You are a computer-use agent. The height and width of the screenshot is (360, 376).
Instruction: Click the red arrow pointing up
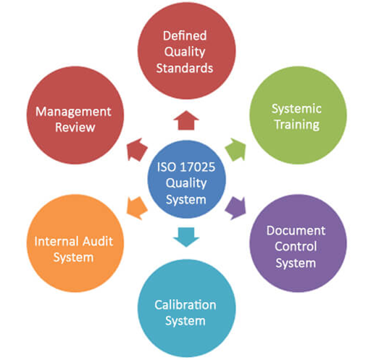186,120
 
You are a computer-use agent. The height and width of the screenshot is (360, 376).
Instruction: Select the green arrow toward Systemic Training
235,149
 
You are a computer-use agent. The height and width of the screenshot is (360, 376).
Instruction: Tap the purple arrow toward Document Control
235,208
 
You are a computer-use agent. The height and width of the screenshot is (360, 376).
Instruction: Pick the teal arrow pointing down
186,237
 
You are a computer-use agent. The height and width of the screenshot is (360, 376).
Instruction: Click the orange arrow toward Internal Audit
137,208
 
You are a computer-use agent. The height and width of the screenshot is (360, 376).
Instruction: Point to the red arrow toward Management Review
137,149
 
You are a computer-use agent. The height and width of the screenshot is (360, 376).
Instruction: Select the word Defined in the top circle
185,35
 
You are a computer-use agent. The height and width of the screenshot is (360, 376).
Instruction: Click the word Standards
185,68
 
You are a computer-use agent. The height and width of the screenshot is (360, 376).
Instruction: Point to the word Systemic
296,109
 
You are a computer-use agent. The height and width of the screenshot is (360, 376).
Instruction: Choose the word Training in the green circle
297,125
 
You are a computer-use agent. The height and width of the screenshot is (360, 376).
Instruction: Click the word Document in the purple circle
296,230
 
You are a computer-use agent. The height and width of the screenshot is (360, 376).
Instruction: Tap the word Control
296,246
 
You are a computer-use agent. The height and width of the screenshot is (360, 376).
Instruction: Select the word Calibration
185,305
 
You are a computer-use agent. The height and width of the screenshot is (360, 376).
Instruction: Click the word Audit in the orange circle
99,241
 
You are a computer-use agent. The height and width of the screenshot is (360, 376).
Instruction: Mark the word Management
73,112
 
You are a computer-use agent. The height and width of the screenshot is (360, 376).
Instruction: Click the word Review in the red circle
75,127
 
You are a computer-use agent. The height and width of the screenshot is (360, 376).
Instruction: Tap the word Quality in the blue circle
186,183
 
